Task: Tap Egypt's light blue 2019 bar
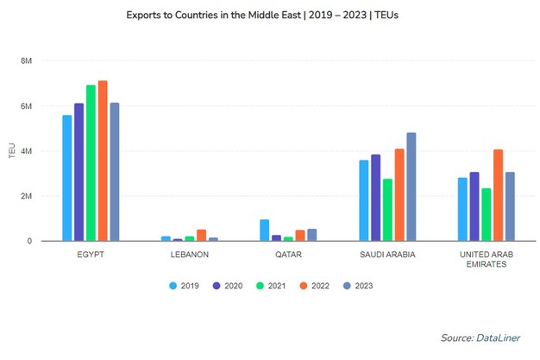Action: point(66,178)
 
